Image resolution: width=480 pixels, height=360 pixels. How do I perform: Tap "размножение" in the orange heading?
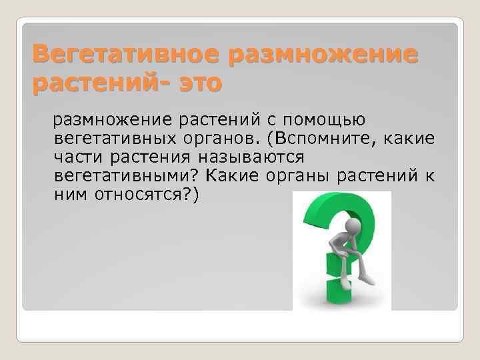[x=324, y=53]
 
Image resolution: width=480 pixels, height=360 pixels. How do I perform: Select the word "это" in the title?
[x=197, y=84]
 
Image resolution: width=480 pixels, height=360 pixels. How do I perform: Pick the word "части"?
[x=77, y=157]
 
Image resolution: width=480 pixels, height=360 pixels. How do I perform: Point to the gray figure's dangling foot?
[x=363, y=280]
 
